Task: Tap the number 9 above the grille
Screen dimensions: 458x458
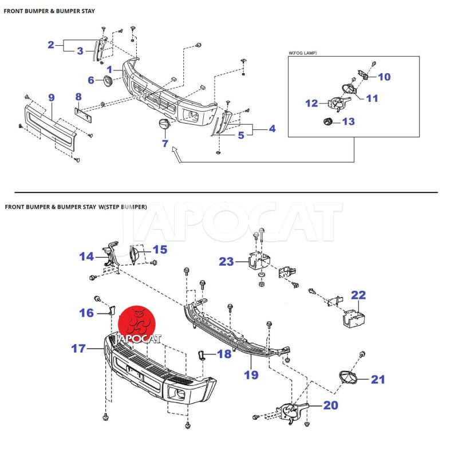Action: [x=51, y=98]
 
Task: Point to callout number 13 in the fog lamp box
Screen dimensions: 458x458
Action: [x=348, y=121]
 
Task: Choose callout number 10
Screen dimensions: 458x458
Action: [x=384, y=77]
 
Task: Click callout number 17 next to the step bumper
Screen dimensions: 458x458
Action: [x=78, y=348]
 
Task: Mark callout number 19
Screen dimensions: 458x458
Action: [x=251, y=375]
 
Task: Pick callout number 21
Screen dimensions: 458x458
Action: [x=378, y=379]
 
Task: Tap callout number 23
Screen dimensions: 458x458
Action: [x=226, y=262]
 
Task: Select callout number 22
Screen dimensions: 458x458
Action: [x=358, y=295]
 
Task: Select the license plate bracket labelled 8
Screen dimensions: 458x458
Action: [x=85, y=114]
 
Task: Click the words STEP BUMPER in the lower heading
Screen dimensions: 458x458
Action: [x=125, y=207]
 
